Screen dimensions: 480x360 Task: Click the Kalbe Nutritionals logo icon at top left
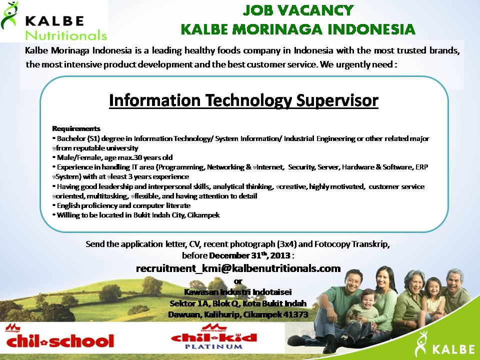(9, 16)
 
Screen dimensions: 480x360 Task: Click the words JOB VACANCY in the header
(298, 10)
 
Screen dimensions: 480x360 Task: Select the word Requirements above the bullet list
(76, 128)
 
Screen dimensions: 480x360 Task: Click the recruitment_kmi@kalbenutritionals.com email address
(238, 268)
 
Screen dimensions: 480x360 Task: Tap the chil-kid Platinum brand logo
(214, 337)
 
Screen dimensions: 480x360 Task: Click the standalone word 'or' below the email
(238, 281)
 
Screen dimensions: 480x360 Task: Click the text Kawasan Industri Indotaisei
(238, 292)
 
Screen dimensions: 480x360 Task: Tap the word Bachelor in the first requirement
(71, 138)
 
